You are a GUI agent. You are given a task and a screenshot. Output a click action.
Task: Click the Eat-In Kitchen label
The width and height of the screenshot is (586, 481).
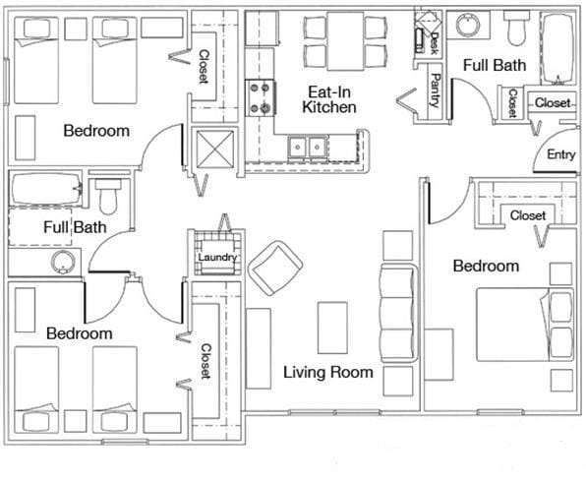pyautogui.click(x=328, y=99)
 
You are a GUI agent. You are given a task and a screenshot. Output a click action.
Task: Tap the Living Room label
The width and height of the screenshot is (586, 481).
pyautogui.click(x=328, y=372)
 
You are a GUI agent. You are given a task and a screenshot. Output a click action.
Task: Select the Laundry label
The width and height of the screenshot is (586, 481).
pyautogui.click(x=217, y=258)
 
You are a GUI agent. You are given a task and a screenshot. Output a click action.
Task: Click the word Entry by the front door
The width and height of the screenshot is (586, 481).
pyautogui.click(x=561, y=154)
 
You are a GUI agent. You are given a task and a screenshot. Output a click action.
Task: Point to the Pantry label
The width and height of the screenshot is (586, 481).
pyautogui.click(x=436, y=90)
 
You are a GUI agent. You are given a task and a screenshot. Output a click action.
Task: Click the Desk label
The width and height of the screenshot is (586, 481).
pyautogui.click(x=435, y=43)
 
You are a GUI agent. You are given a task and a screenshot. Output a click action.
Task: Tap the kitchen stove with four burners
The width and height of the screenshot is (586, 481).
pyautogui.click(x=261, y=98)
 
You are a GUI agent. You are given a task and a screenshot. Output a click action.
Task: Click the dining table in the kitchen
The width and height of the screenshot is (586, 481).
pyautogui.click(x=345, y=41)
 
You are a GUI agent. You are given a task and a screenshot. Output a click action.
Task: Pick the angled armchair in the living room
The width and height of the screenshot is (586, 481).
pyautogui.click(x=275, y=268)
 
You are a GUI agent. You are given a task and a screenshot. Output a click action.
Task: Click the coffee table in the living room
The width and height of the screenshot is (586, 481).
pyautogui.click(x=332, y=328)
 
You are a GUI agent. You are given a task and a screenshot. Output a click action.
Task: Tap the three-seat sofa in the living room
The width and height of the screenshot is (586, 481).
pyautogui.click(x=398, y=313)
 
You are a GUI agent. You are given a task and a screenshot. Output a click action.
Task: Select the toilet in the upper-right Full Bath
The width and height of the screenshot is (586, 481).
pyautogui.click(x=516, y=29)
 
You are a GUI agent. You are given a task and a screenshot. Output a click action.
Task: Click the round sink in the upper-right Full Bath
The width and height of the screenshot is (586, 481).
pyautogui.click(x=468, y=25)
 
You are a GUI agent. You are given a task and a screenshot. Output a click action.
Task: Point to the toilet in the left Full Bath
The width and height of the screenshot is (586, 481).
pyautogui.click(x=108, y=197)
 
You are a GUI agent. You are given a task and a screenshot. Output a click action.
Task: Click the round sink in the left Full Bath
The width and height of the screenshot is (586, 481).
pyautogui.click(x=64, y=263)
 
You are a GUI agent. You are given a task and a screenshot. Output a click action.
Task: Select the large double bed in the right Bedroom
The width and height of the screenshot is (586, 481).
pyautogui.click(x=525, y=325)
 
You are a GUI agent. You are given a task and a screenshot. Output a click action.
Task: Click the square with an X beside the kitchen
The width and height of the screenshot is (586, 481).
pyautogui.click(x=215, y=149)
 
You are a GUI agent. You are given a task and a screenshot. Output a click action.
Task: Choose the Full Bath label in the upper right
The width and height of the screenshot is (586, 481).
pyautogui.click(x=494, y=66)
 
